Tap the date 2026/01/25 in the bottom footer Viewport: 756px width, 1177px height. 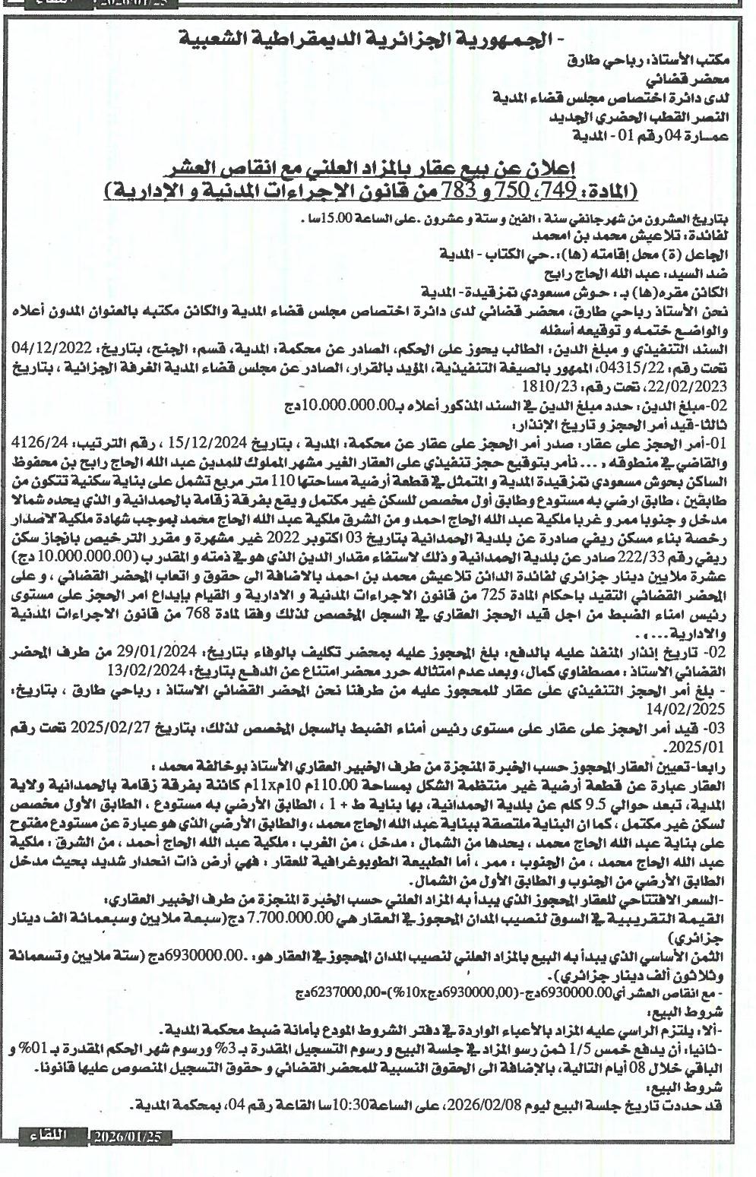point(130,1137)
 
